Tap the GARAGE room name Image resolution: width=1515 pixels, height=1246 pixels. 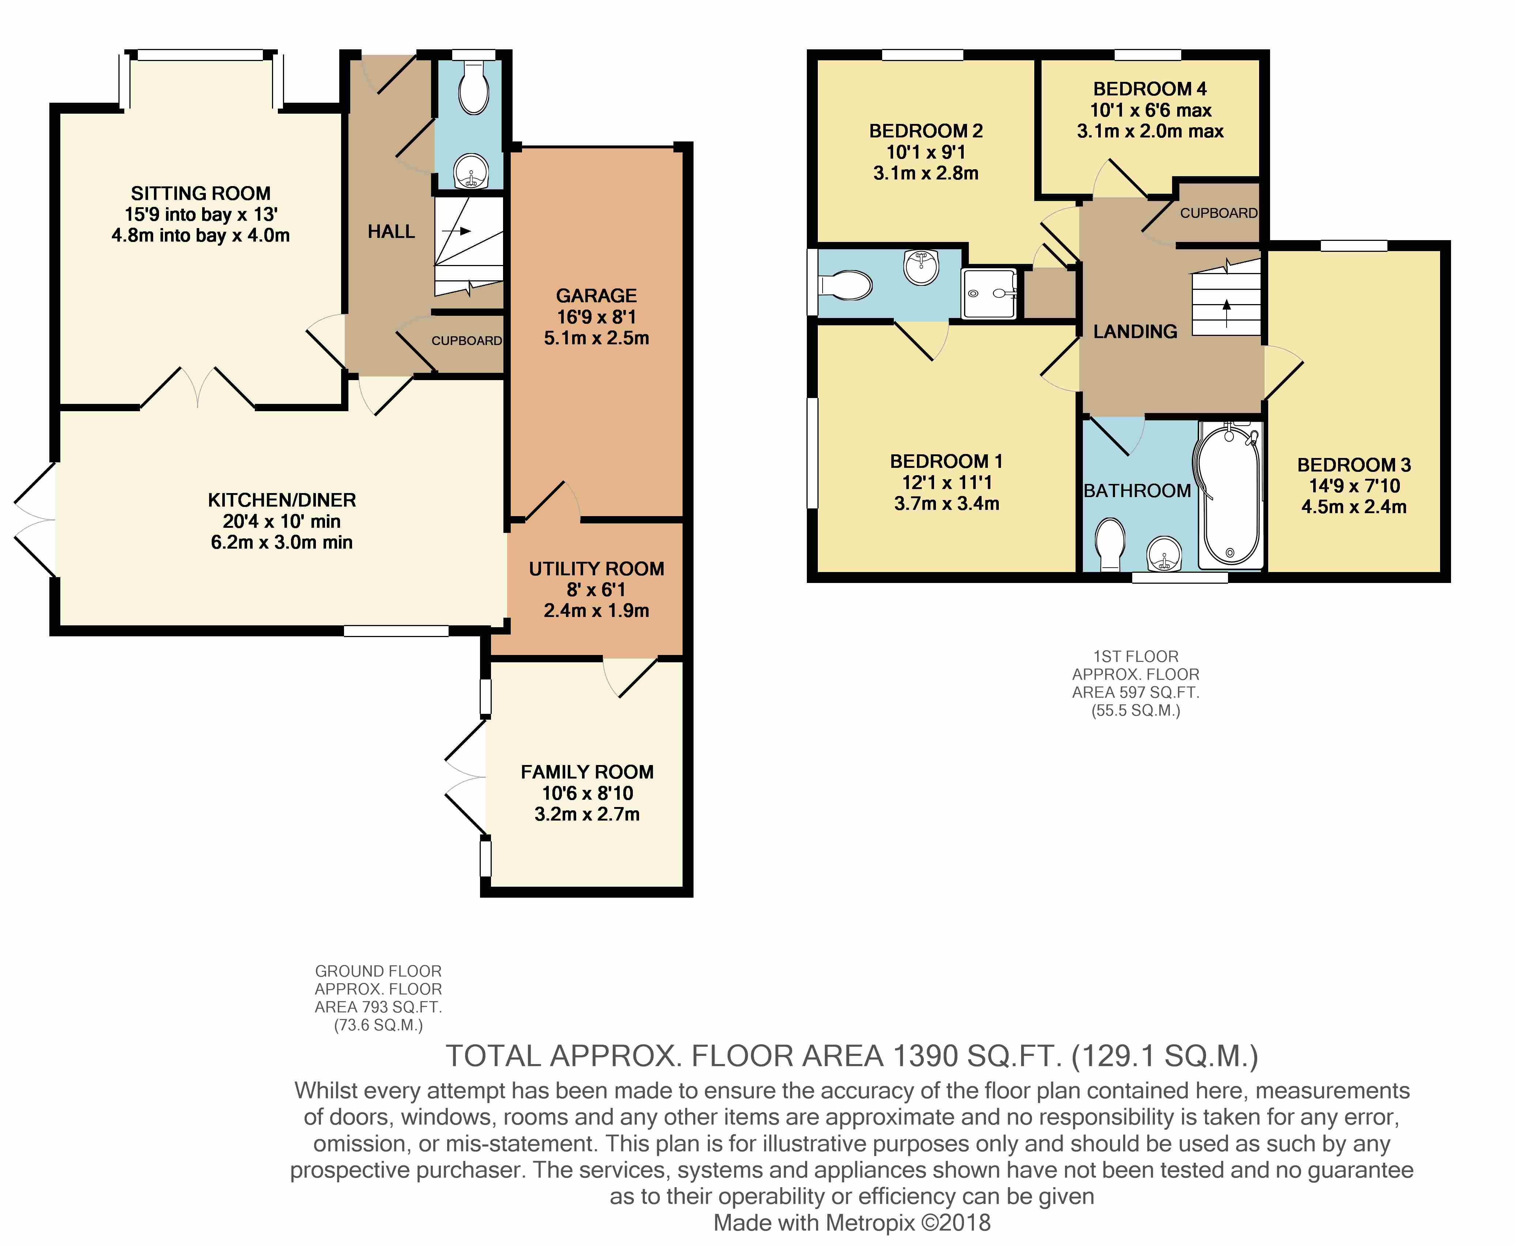coord(596,296)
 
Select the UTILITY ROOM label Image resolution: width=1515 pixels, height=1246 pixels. coord(596,569)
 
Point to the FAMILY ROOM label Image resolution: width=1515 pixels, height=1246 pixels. coord(587,772)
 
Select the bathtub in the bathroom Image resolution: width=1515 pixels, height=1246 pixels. coord(1229,495)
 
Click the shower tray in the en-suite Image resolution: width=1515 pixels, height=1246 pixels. coord(989,293)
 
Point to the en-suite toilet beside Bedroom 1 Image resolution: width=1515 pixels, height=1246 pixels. coord(844,285)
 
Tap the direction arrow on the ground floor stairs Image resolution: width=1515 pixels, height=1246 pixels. coord(457,231)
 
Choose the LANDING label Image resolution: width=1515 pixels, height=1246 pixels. coord(1135,332)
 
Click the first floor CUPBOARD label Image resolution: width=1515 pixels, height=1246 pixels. coord(1219,213)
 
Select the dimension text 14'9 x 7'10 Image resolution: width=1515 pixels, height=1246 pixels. coord(1354,486)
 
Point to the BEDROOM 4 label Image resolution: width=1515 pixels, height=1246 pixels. coord(1149,89)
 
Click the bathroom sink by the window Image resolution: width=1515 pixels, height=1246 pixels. coord(1163,554)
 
